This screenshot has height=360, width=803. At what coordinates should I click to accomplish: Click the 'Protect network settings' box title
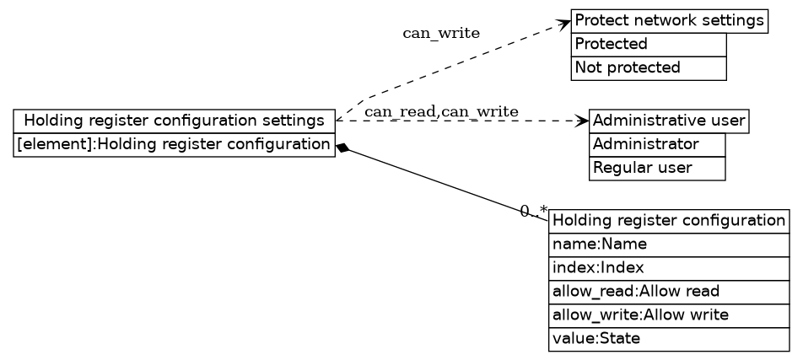669,21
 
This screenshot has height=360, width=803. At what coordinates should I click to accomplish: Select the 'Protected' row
648,45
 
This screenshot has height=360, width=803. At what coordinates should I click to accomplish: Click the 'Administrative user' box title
668,121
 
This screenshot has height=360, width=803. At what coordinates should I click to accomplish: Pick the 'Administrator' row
656,145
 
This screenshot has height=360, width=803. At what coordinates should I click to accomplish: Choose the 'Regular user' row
656,169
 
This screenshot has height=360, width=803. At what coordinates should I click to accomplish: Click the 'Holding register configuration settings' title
174,121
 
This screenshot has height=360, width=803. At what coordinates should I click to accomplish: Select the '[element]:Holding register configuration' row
174,145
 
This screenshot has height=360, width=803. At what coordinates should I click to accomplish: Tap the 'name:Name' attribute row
668,245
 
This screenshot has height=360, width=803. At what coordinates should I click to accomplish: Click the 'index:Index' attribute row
668,269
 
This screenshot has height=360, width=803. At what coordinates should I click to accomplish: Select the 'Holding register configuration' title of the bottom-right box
668,222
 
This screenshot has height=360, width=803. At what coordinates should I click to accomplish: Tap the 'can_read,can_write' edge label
441,112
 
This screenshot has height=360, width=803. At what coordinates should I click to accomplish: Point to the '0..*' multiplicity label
533,211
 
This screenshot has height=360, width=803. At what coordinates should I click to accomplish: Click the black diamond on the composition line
342,148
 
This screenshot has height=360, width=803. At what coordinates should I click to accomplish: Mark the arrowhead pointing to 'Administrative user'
583,121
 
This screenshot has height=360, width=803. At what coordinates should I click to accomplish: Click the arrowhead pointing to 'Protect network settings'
565,23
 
